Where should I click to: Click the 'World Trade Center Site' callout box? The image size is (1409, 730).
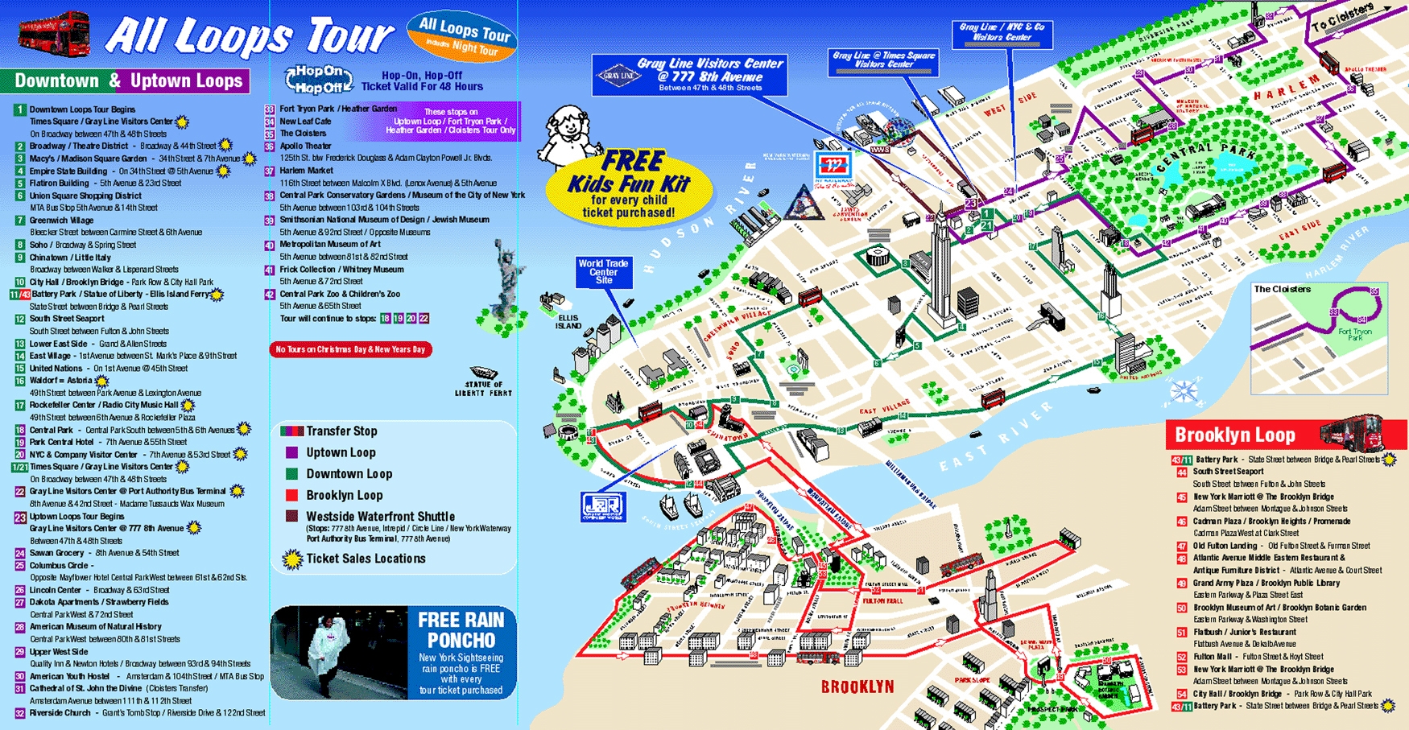(x=604, y=272)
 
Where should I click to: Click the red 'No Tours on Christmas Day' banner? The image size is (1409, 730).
(x=350, y=349)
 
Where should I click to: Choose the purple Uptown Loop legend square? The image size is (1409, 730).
(x=291, y=452)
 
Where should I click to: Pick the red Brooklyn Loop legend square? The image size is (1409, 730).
(x=291, y=495)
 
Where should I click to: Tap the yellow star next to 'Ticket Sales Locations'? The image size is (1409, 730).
(x=291, y=559)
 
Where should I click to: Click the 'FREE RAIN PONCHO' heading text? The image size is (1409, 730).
(x=461, y=629)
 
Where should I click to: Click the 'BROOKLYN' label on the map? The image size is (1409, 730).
(x=857, y=687)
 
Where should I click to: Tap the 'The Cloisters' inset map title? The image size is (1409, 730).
(x=1282, y=289)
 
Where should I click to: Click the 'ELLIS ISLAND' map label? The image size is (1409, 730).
(x=568, y=322)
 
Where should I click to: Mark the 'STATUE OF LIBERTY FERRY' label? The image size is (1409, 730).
(x=483, y=389)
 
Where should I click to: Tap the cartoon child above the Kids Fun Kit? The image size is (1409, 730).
(x=569, y=134)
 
